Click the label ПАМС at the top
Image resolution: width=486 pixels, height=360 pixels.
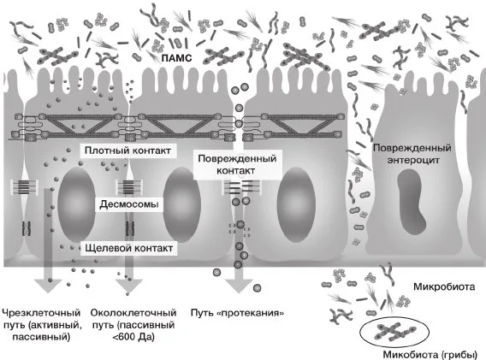pyautogui.click(x=176, y=58)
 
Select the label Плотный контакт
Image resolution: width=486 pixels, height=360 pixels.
pyautogui.click(x=127, y=150)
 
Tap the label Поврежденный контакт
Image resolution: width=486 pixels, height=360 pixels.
pyautogui.click(x=237, y=164)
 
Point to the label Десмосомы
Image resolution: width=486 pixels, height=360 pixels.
pyautogui.click(x=129, y=204)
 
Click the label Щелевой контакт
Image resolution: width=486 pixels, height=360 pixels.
pyautogui.click(x=128, y=248)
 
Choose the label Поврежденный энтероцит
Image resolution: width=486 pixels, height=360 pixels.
pyautogui.click(x=412, y=154)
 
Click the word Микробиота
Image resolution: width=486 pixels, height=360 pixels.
pyautogui.click(x=444, y=286)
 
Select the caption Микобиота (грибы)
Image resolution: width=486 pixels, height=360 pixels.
pyautogui.click(x=430, y=354)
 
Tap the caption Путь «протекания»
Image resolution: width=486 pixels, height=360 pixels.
pyautogui.click(x=237, y=313)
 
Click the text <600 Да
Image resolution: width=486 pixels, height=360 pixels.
pyautogui.click(x=133, y=337)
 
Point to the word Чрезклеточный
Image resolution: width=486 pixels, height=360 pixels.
pyautogui.click(x=41, y=313)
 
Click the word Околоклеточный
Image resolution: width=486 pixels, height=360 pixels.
pyautogui.click(x=133, y=313)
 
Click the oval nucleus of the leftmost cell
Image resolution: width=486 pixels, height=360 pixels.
pyautogui.click(x=76, y=204)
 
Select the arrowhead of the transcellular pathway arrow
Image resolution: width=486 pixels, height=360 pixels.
pyautogui.click(x=48, y=286)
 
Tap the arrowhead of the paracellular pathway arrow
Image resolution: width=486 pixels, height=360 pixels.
pyautogui.click(x=129, y=286)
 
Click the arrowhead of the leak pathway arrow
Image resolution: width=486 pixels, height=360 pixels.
pyautogui.click(x=239, y=286)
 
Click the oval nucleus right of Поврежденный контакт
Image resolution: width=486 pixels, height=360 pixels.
pyautogui.click(x=296, y=204)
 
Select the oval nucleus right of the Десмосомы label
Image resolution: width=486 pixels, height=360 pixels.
pyautogui.click(x=182, y=204)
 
